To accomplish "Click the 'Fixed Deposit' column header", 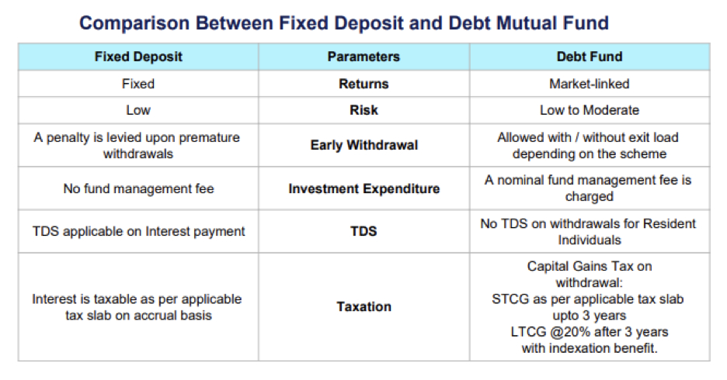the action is click(x=138, y=57).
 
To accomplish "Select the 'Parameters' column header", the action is click(x=363, y=57).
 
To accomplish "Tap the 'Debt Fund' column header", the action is click(x=590, y=57).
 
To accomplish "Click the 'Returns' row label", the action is click(x=363, y=84).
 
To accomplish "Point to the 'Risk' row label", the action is click(x=363, y=110).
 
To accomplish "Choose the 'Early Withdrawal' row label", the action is click(x=364, y=145).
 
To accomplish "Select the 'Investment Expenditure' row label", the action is click(x=364, y=188).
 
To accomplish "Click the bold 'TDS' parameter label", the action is click(x=363, y=231).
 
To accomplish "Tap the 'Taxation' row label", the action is click(x=364, y=306).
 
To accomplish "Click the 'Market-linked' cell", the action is click(x=590, y=84).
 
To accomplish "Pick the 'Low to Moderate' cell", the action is click(x=590, y=110).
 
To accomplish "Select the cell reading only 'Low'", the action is click(x=138, y=110).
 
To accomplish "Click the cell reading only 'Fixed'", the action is click(x=138, y=84).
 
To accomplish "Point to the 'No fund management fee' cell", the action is click(x=138, y=188).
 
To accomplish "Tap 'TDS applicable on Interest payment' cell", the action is click(x=138, y=231).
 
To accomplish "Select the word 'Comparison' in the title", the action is click(x=134, y=23).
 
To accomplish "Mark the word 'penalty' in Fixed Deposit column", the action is click(x=68, y=137).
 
